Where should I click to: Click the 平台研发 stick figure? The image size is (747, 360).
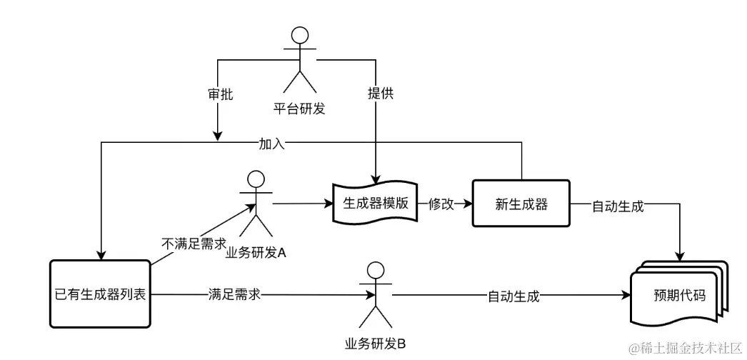pyautogui.click(x=301, y=61)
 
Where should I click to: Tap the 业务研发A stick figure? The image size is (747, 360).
pyautogui.click(x=255, y=204)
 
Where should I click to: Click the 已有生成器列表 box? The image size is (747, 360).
pyautogui.click(x=101, y=294)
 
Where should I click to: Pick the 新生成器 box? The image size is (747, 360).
pyautogui.click(x=521, y=204)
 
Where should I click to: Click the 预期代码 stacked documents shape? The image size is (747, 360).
pyautogui.click(x=678, y=294)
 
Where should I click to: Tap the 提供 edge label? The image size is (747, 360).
pyautogui.click(x=380, y=94)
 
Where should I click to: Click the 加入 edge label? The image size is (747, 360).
pyautogui.click(x=272, y=144)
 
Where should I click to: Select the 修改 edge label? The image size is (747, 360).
pyautogui.click(x=441, y=204)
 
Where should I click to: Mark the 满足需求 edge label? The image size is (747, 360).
pyautogui.click(x=233, y=294)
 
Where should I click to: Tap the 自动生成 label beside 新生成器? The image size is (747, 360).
pyautogui.click(x=618, y=206)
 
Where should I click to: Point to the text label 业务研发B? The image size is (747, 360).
pyautogui.click(x=376, y=344)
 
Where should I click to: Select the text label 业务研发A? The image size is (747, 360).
pyautogui.click(x=256, y=252)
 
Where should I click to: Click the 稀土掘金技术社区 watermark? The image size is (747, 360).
pyautogui.click(x=686, y=348)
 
